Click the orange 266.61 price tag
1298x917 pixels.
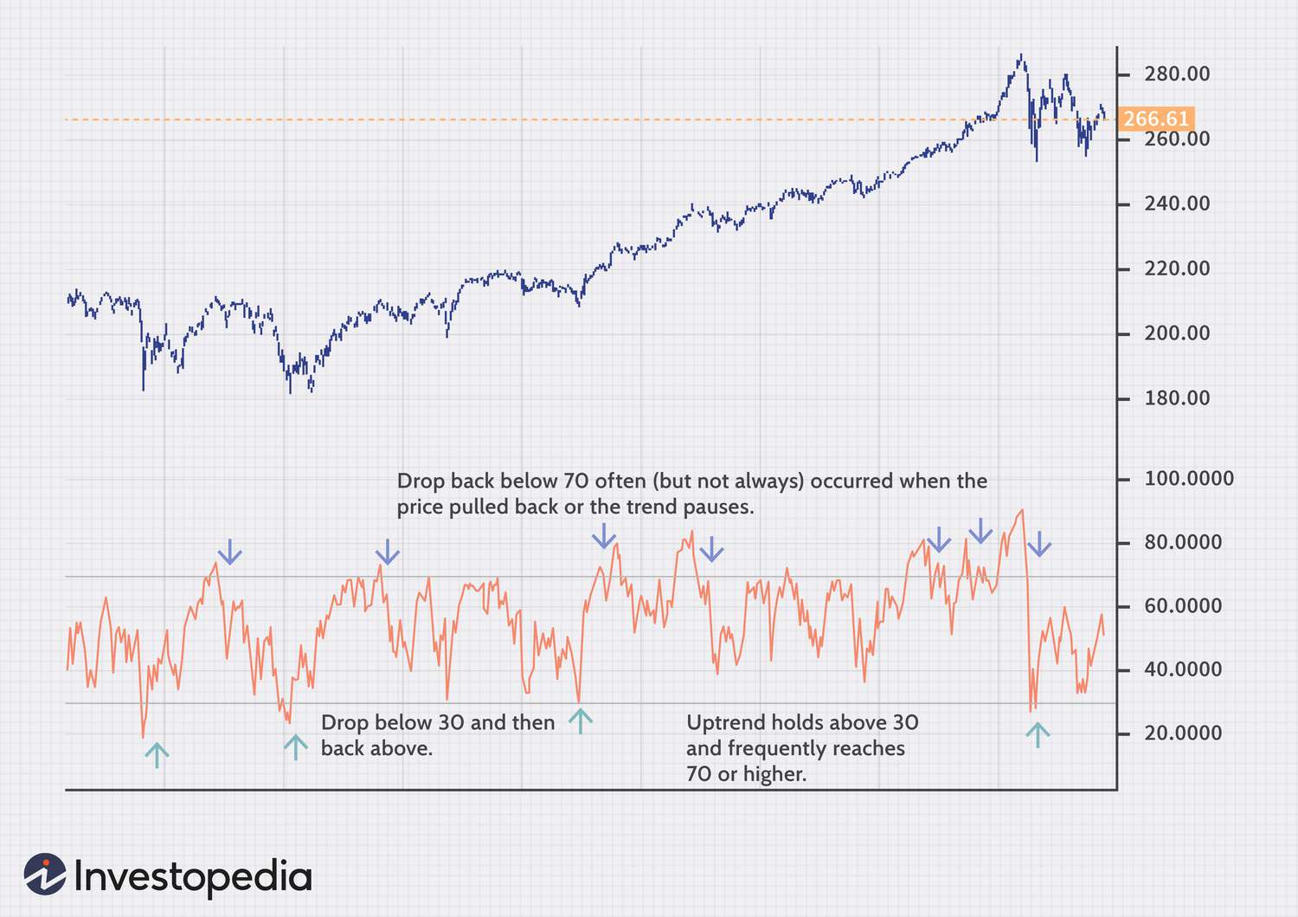pyautogui.click(x=1155, y=119)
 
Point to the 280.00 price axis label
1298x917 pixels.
pyautogui.click(x=1177, y=74)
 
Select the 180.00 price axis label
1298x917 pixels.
pyautogui.click(x=1177, y=398)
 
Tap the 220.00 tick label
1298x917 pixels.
pyautogui.click(x=1177, y=268)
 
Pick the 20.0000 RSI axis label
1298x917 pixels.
pyautogui.click(x=1183, y=733)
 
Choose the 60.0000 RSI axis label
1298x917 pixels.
pyautogui.click(x=1183, y=606)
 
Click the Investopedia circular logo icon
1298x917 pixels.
pyautogui.click(x=45, y=875)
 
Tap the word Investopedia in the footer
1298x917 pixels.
pyautogui.click(x=192, y=876)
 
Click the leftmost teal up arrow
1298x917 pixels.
pyautogui.click(x=157, y=755)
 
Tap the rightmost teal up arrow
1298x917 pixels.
pyautogui.click(x=1037, y=735)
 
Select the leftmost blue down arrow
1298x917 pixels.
pyautogui.click(x=229, y=551)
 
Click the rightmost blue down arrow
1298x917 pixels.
pyautogui.click(x=1039, y=544)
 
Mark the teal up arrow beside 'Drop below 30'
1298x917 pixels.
pyautogui.click(x=296, y=747)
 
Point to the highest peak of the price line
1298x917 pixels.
pyautogui.click(x=1022, y=55)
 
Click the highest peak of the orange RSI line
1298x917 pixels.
pyautogui.click(x=1023, y=510)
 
